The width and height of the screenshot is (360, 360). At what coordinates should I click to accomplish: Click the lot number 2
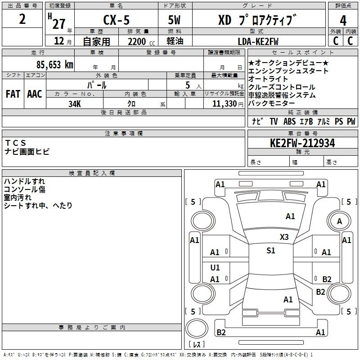(x=22, y=19)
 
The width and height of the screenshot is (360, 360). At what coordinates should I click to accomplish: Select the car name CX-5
(x=116, y=20)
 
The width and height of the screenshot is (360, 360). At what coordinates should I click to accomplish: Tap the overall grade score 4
(x=343, y=21)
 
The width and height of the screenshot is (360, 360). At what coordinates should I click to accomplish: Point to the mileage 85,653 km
(x=54, y=65)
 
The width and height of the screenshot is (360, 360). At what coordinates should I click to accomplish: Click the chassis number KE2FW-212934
(x=302, y=143)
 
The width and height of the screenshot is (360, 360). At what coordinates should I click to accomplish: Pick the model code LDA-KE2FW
(x=258, y=41)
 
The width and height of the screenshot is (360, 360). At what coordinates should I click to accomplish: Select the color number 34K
(x=75, y=104)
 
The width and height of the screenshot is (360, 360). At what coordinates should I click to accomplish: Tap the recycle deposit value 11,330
(x=224, y=104)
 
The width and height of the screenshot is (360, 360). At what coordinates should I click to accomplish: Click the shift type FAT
(x=13, y=94)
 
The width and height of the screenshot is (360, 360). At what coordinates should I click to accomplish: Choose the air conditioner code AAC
(x=35, y=94)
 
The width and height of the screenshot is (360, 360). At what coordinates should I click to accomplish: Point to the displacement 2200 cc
(x=141, y=41)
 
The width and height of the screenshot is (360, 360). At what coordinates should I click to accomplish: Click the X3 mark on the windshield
(x=284, y=237)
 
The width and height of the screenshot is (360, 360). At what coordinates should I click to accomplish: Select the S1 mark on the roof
(x=271, y=250)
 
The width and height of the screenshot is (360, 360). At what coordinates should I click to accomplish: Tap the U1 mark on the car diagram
(x=215, y=267)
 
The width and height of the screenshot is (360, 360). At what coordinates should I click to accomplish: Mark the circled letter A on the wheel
(x=339, y=221)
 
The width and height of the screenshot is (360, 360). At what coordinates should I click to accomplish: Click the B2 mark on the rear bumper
(x=221, y=332)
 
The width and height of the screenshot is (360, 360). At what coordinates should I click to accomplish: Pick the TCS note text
(x=15, y=143)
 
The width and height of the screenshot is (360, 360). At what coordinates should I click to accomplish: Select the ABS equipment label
(x=289, y=121)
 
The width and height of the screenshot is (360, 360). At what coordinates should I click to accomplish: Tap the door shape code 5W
(x=174, y=20)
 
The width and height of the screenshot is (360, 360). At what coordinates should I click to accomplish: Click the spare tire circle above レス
(x=197, y=328)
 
